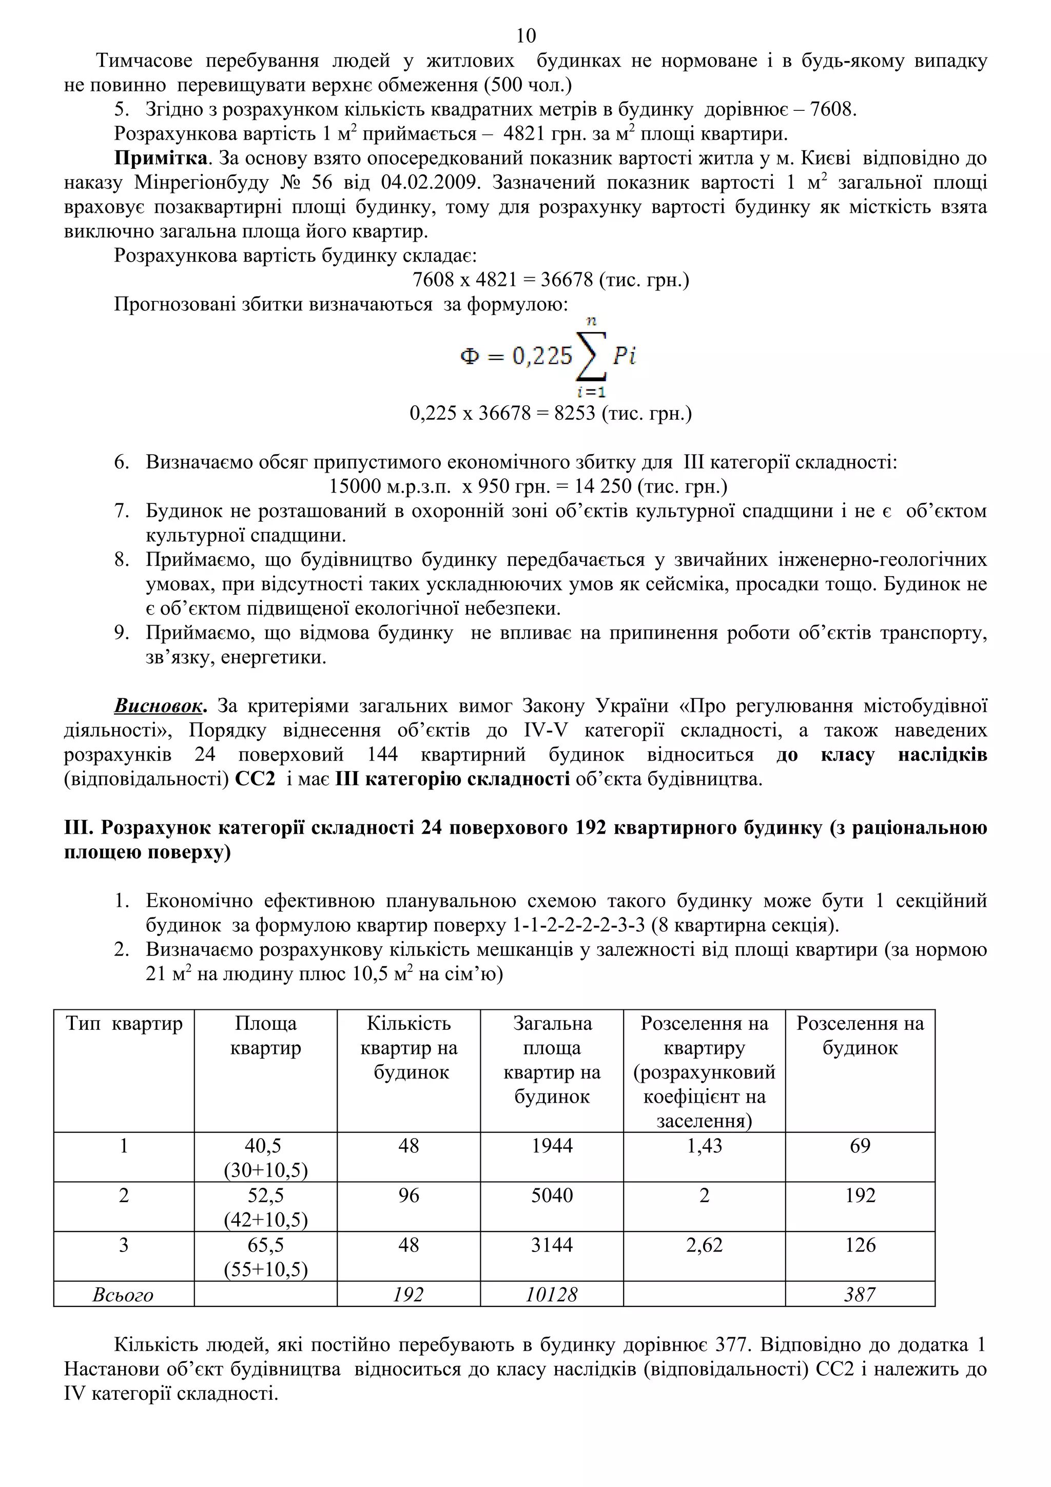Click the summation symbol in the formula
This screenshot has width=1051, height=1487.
click(591, 355)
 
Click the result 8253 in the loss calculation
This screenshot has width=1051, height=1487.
click(574, 413)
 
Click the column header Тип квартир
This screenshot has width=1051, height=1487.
click(124, 1023)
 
